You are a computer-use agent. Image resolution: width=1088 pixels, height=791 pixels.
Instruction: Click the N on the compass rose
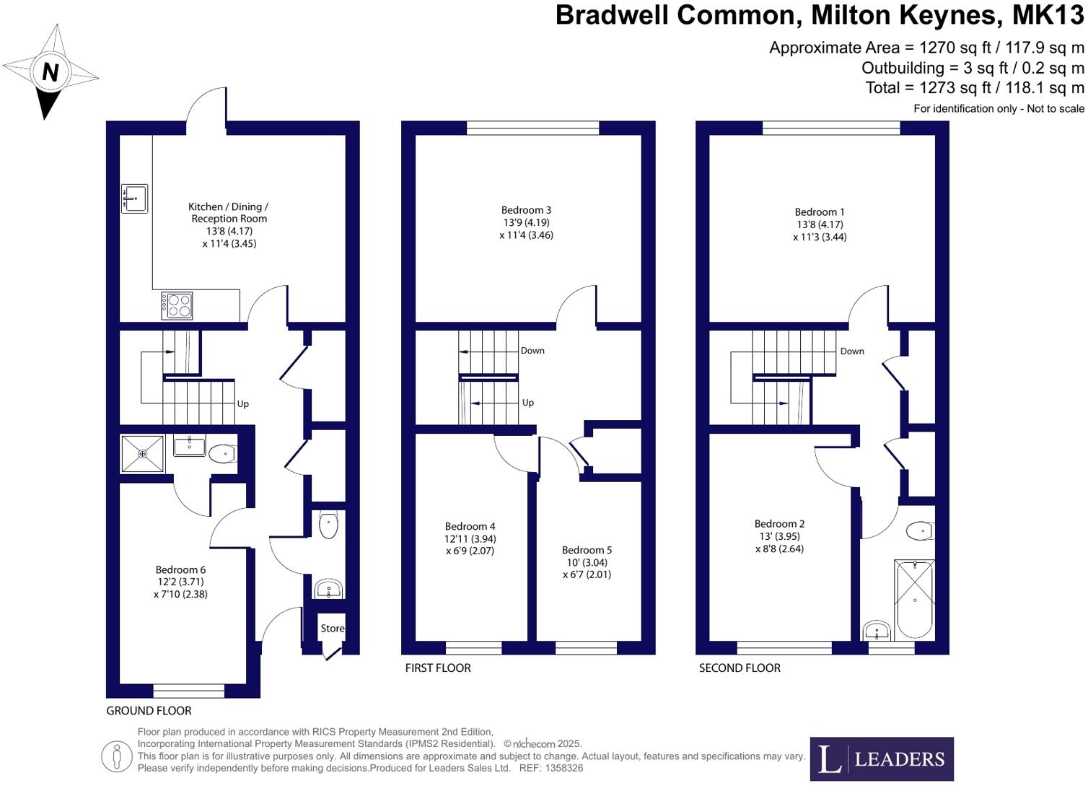tap(50, 72)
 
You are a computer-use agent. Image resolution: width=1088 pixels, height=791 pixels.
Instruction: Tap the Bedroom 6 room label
tap(180, 570)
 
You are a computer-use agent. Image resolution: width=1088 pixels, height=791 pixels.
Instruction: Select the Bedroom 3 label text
tap(526, 211)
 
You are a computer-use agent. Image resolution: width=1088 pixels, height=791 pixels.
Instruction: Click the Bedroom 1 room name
tap(820, 212)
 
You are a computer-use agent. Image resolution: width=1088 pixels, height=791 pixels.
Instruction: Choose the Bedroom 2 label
tap(779, 524)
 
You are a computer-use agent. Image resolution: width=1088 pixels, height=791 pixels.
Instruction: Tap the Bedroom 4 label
tap(470, 527)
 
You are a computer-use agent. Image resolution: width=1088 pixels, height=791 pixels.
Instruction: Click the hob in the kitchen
tap(177, 305)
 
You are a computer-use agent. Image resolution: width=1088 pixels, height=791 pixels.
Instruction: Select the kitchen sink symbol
tap(134, 198)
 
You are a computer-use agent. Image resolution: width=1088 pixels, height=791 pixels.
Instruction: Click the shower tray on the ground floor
tap(142, 454)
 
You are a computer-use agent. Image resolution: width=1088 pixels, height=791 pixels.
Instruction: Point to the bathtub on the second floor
tap(914, 598)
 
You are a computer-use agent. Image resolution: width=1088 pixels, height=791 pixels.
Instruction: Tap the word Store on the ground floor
tap(333, 629)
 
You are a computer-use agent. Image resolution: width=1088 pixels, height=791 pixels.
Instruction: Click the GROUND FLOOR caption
tap(149, 711)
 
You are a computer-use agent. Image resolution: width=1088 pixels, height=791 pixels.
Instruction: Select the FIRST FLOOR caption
tap(438, 668)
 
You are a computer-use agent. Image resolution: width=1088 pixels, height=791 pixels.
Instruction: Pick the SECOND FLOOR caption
tap(740, 668)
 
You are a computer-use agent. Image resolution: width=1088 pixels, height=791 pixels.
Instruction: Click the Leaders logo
tap(882, 759)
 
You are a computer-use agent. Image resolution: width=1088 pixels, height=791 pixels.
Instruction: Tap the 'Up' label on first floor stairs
tap(528, 403)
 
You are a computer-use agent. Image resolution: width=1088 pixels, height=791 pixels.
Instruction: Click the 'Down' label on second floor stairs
tap(852, 351)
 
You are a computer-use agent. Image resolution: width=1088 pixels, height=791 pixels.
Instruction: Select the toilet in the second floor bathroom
tap(922, 532)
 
